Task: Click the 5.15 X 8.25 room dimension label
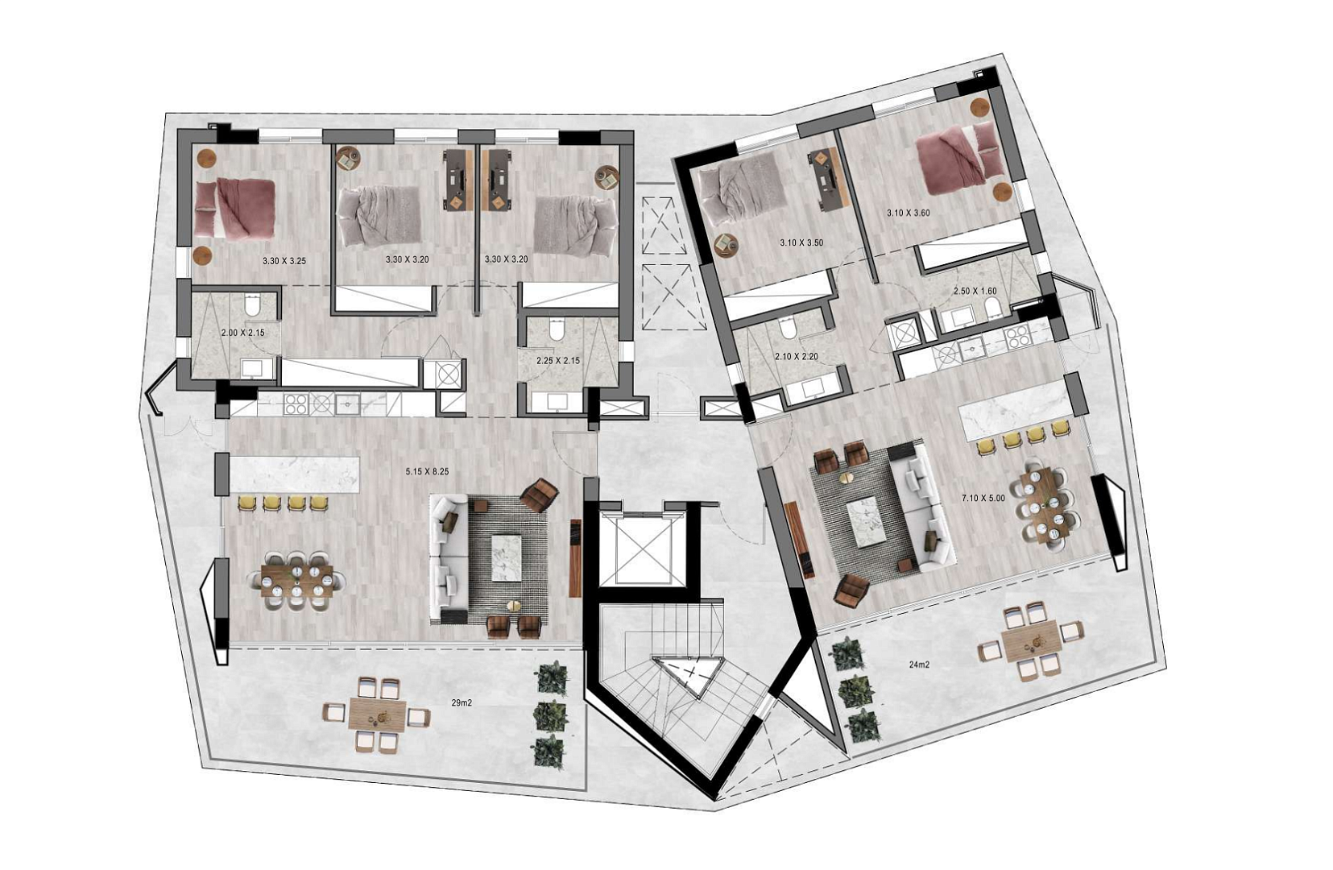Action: click(427, 471)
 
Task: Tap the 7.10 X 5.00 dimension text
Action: click(983, 498)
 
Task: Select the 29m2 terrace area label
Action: click(462, 702)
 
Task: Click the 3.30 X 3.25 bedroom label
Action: click(284, 261)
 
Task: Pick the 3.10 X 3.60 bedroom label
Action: click(908, 213)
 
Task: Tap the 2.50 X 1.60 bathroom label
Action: click(975, 291)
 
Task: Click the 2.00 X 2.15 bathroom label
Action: click(242, 333)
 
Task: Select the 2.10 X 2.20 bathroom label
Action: click(797, 356)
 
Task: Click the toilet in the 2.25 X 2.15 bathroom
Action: click(557, 329)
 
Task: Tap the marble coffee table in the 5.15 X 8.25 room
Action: click(506, 557)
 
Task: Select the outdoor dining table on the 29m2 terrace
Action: click(377, 713)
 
